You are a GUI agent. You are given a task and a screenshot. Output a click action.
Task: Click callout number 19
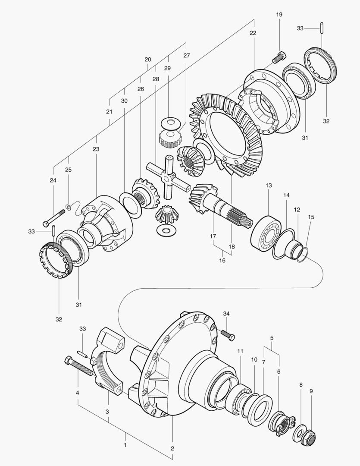click(279, 15)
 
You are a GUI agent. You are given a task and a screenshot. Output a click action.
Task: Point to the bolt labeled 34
click(227, 334)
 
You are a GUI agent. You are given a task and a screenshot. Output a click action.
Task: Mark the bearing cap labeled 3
click(108, 362)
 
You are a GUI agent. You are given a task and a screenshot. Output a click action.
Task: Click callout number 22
click(253, 33)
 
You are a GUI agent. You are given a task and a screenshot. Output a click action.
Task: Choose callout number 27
click(186, 55)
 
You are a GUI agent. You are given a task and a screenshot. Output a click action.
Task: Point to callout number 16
click(222, 261)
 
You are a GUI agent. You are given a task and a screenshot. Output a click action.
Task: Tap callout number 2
click(172, 448)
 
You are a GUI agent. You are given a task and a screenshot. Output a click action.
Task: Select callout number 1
click(125, 444)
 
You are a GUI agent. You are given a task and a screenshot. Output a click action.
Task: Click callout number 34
click(226, 313)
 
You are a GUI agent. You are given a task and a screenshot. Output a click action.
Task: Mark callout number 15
click(311, 217)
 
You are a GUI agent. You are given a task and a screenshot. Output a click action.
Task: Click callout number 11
click(240, 351)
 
